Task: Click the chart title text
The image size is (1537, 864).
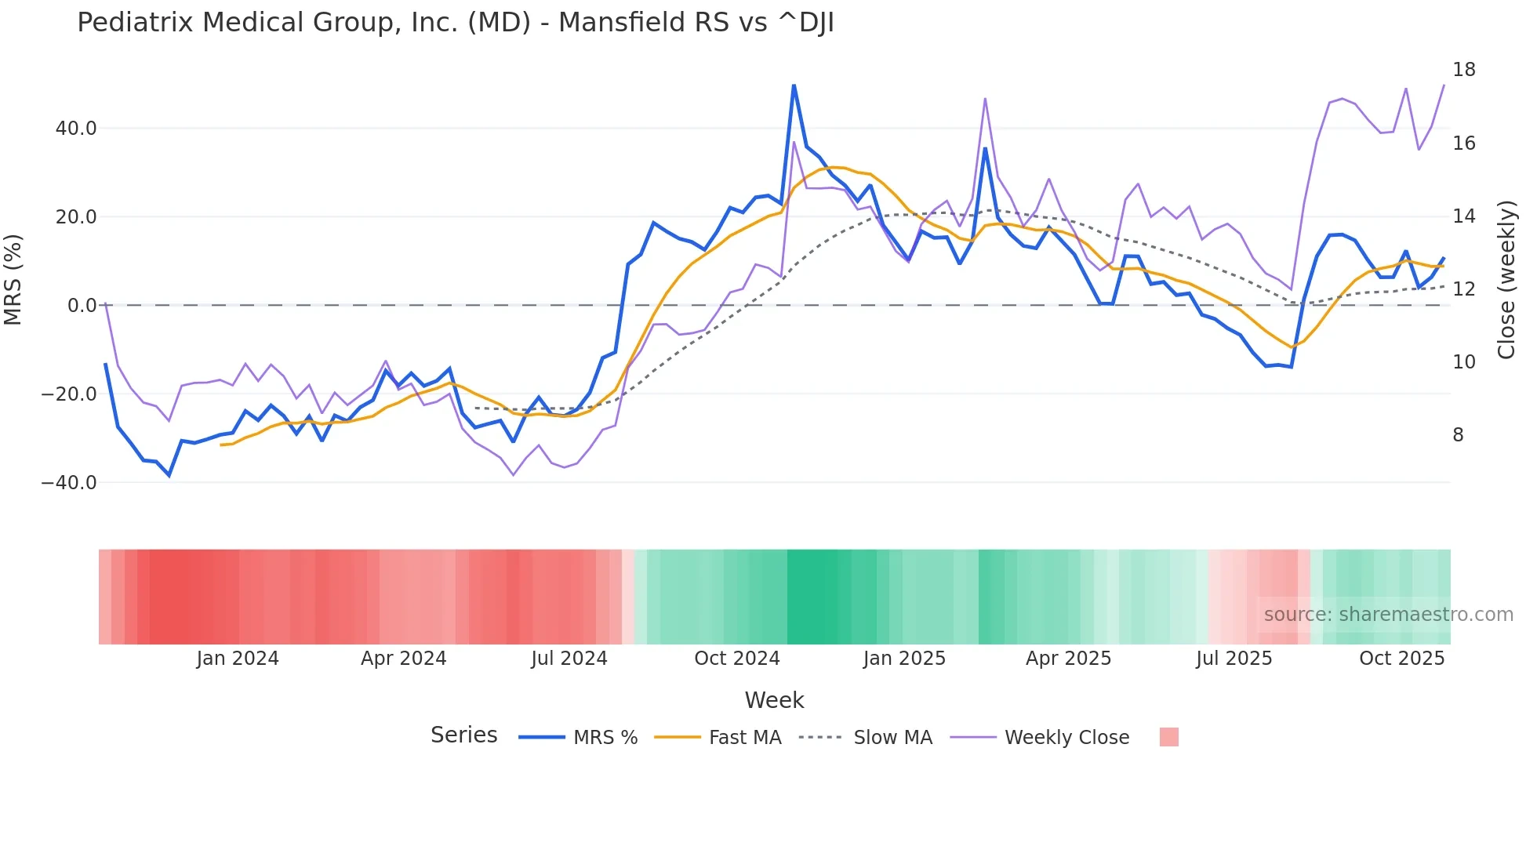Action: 455,23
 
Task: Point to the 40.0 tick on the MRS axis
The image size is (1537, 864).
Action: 76,129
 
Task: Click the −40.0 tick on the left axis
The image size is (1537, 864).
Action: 69,483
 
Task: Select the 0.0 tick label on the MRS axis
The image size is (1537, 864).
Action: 82,306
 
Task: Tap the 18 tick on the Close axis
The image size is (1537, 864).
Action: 1463,70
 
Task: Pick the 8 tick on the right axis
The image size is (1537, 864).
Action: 1458,435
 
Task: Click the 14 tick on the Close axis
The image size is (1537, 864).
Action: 1463,216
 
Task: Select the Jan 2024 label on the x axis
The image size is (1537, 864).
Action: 237,659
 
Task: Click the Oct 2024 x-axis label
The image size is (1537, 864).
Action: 736,659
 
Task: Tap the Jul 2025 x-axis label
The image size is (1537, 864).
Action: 1234,659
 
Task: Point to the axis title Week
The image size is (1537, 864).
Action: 774,700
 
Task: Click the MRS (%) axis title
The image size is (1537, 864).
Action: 13,279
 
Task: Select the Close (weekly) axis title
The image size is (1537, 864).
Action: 1506,280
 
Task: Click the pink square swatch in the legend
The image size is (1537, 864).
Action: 1168,738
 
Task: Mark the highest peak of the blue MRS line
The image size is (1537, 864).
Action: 794,85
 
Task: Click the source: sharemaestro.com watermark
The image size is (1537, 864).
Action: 1388,615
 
